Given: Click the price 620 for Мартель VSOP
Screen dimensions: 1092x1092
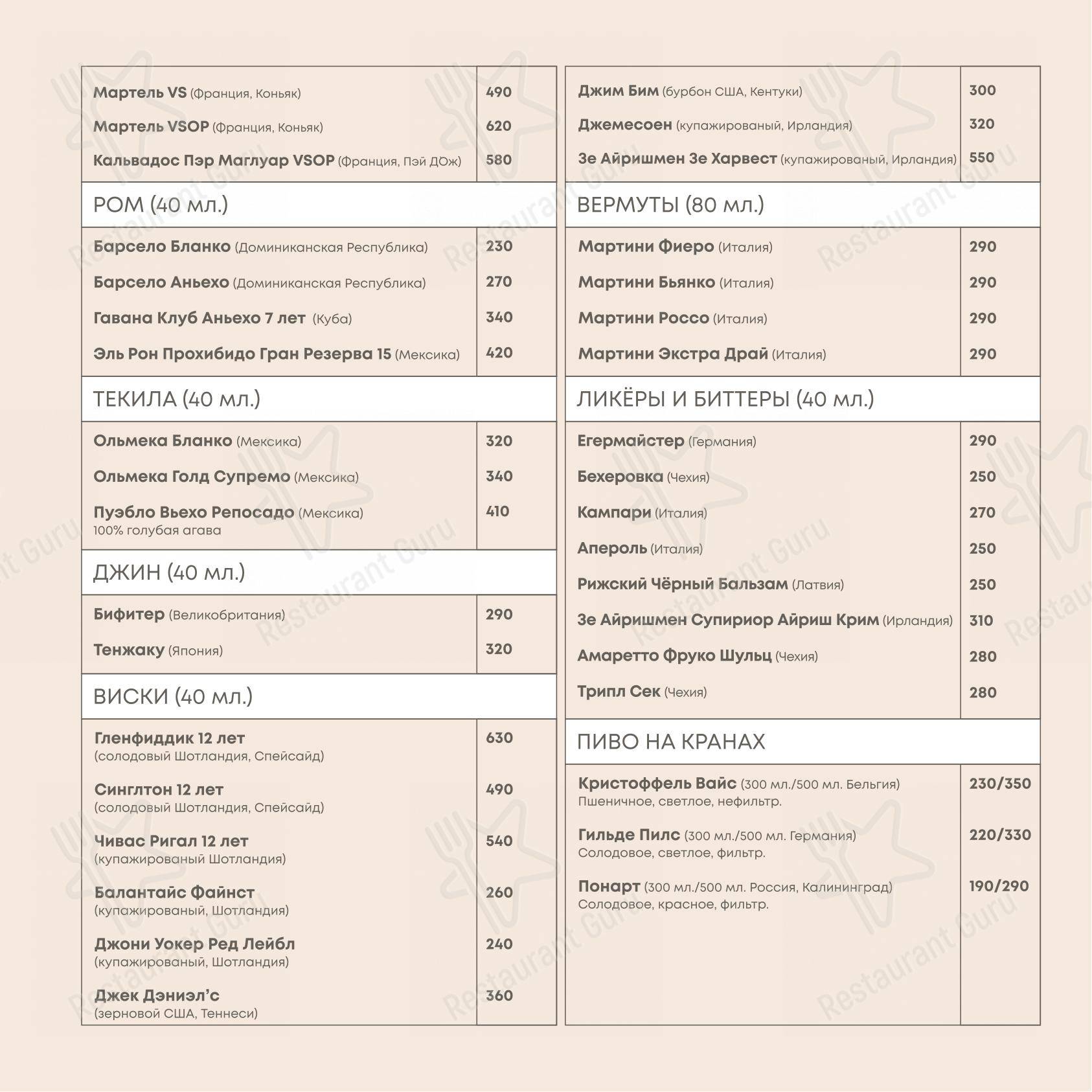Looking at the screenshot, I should (x=498, y=126).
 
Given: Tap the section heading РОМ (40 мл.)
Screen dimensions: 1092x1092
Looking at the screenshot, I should (x=161, y=205).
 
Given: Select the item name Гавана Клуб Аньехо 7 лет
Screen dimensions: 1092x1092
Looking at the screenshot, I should (x=199, y=318).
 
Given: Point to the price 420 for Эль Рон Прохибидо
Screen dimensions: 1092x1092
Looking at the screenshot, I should (x=499, y=353).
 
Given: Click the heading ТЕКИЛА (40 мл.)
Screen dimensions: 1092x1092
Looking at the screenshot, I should (x=177, y=399).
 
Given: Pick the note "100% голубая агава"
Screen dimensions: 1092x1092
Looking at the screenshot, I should (x=157, y=530).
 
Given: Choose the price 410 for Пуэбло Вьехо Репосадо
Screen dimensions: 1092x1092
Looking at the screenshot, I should (x=497, y=512).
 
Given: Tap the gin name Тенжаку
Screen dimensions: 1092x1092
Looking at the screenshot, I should (x=129, y=650).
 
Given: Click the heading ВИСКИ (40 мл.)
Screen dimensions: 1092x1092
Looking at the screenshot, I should (x=173, y=696).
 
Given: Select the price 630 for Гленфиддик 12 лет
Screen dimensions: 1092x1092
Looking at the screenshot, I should (x=499, y=738).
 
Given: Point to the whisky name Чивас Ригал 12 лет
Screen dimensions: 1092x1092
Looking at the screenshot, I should (x=171, y=841).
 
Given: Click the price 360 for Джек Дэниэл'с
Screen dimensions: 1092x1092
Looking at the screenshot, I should (x=499, y=995).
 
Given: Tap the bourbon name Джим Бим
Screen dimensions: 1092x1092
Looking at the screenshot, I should (x=618, y=91).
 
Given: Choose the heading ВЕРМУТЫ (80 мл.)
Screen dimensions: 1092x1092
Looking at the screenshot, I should (x=670, y=205).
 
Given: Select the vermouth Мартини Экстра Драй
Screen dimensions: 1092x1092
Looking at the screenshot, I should (x=673, y=354).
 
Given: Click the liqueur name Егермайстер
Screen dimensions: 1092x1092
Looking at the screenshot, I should (x=630, y=441).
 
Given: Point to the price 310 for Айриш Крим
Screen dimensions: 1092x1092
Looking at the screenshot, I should (x=981, y=620).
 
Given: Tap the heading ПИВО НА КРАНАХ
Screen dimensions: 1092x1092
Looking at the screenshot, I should (x=671, y=742).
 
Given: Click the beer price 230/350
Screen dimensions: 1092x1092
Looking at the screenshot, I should (x=999, y=784).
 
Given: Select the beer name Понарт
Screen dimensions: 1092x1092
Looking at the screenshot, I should (x=609, y=886).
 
